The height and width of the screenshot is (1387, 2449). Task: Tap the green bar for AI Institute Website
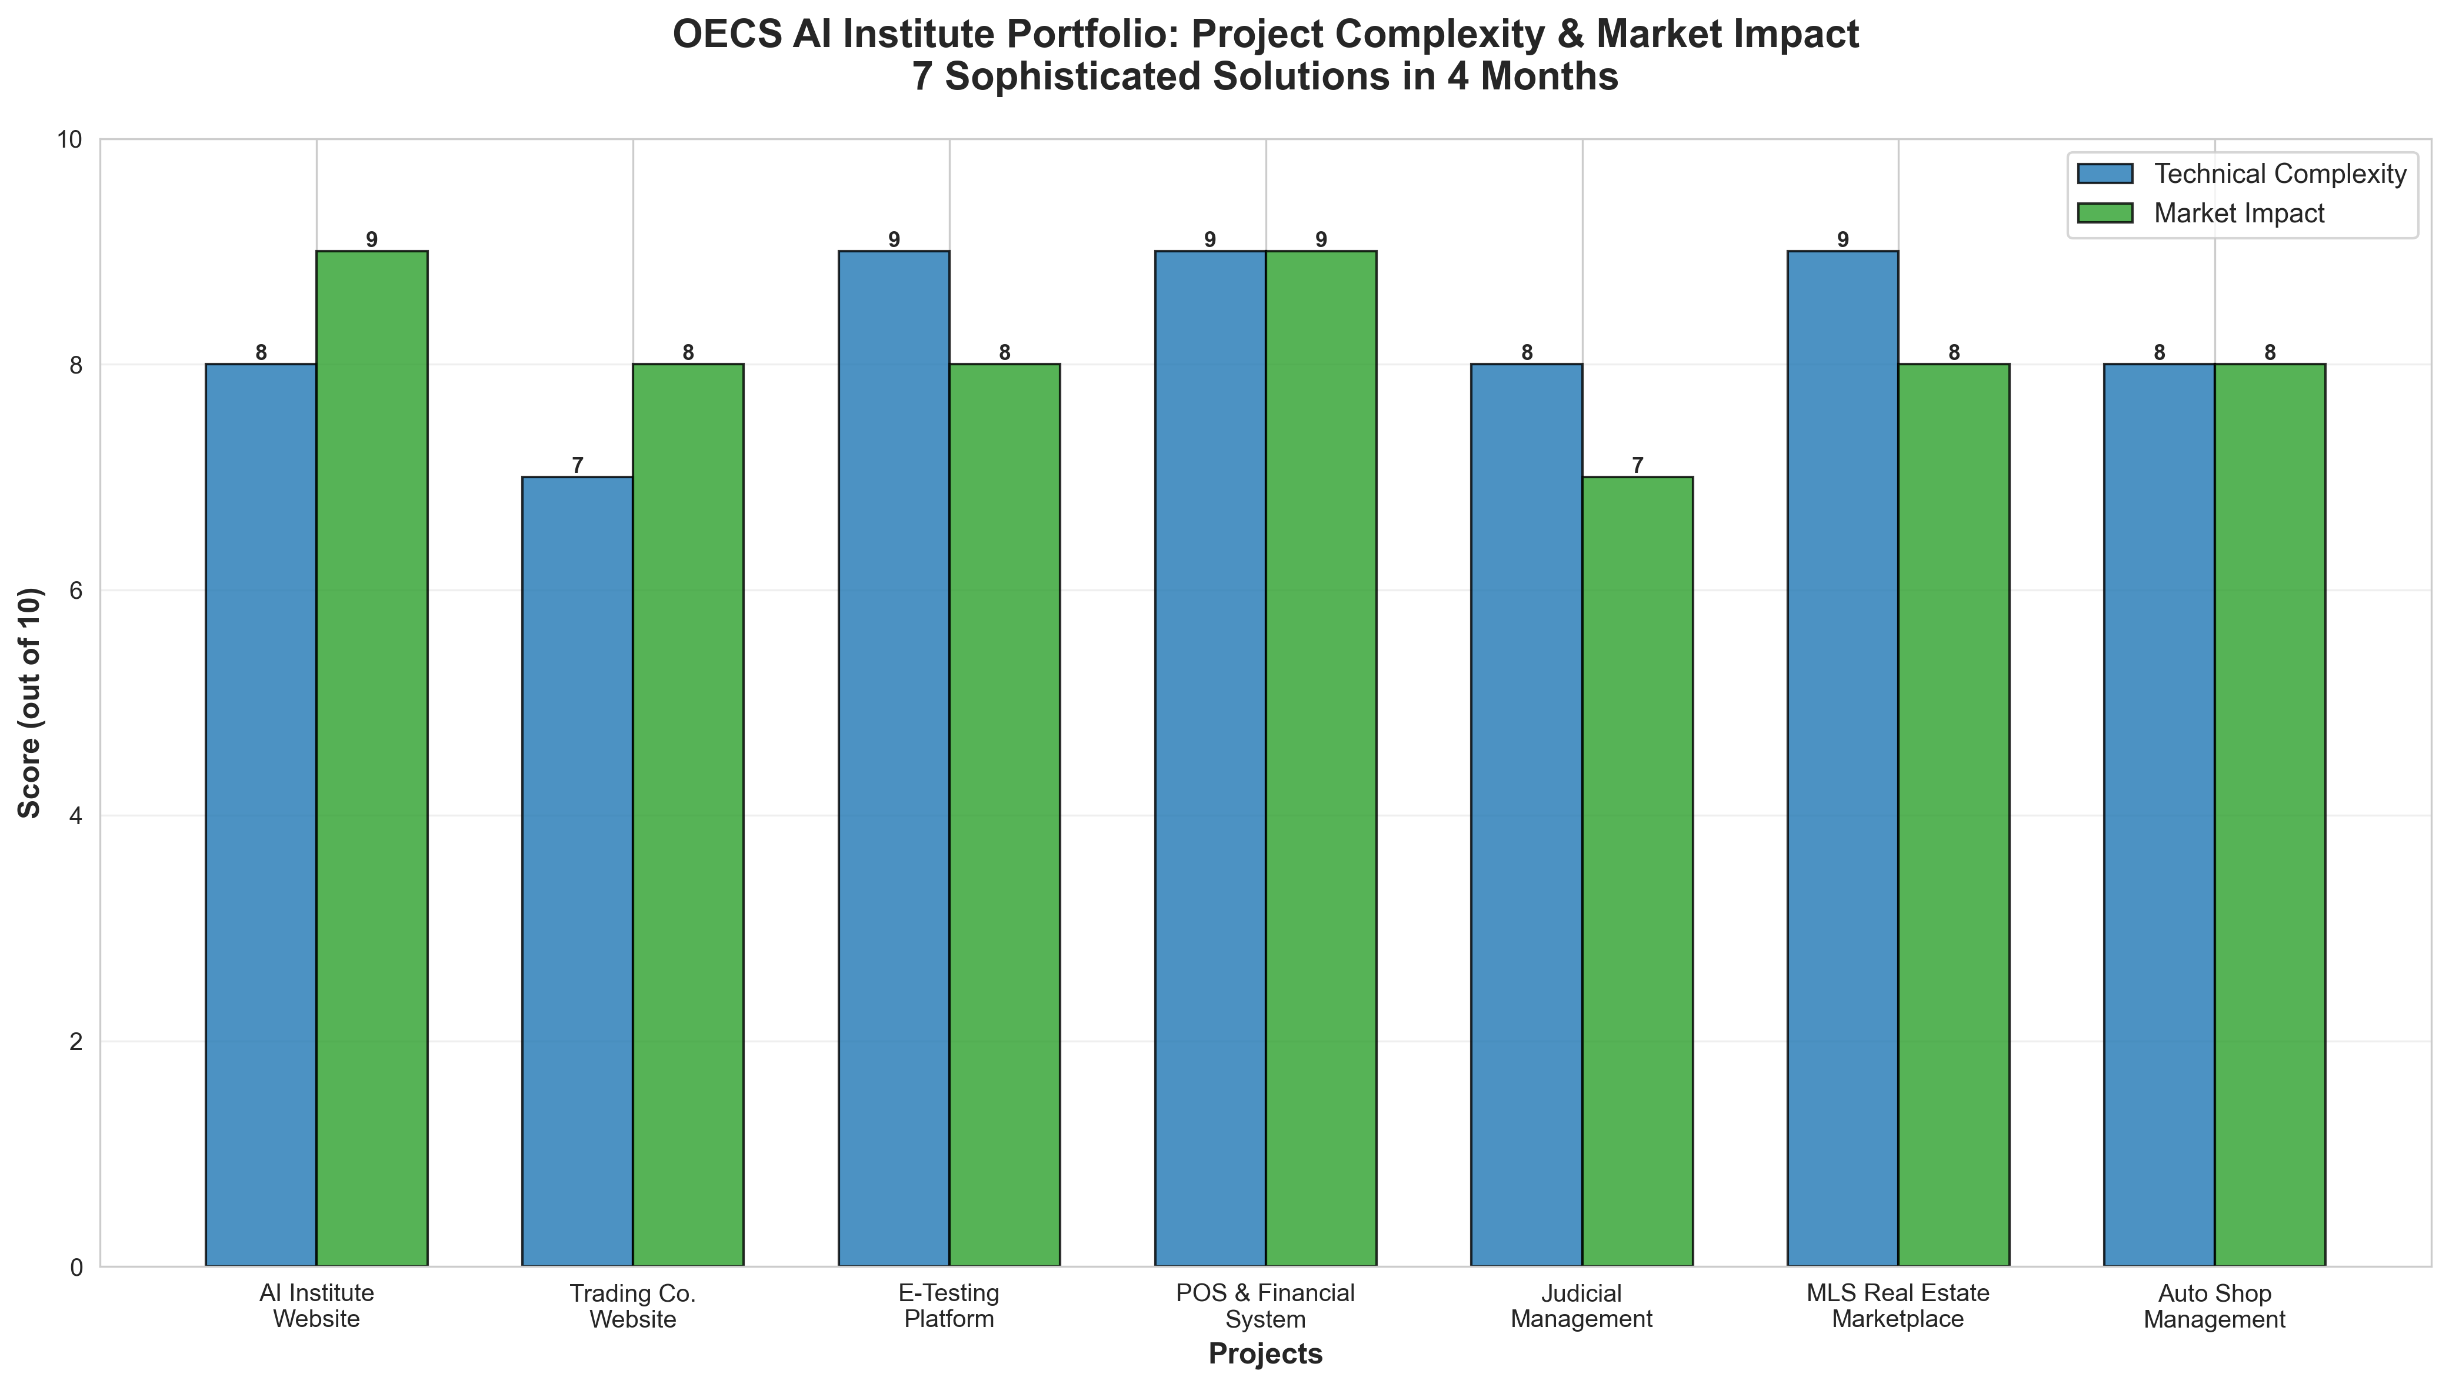pyautogui.click(x=371, y=758)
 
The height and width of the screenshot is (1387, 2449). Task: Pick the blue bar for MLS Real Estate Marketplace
pyautogui.click(x=1842, y=758)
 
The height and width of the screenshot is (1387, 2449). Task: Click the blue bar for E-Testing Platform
pyautogui.click(x=894, y=758)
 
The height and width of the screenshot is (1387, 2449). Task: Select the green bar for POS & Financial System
pyautogui.click(x=1320, y=758)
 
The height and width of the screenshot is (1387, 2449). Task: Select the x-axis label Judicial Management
pyautogui.click(x=1581, y=1306)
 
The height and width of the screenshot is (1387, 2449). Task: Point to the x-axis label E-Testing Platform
pyautogui.click(x=949, y=1306)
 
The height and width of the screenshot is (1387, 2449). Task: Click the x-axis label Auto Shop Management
pyautogui.click(x=2214, y=1306)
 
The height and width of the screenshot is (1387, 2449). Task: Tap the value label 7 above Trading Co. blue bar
pyautogui.click(x=577, y=466)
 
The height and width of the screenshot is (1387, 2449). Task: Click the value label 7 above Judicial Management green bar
pyautogui.click(x=1637, y=466)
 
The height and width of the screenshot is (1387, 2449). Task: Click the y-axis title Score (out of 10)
pyautogui.click(x=31, y=703)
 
